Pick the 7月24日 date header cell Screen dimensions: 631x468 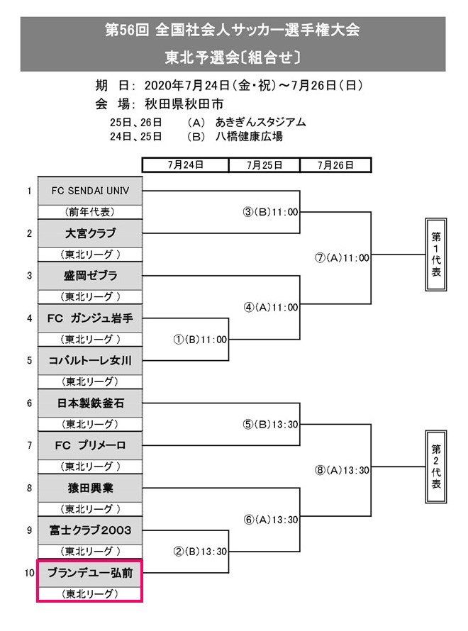(186, 164)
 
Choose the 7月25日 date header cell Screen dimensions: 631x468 (264, 164)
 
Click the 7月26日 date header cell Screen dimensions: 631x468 (335, 164)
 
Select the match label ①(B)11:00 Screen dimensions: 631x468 (201, 339)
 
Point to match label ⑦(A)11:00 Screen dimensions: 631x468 (342, 258)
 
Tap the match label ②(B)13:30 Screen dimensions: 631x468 (201, 551)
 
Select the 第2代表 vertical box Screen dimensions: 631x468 (436, 467)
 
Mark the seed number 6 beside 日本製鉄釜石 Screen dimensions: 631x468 (29, 403)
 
